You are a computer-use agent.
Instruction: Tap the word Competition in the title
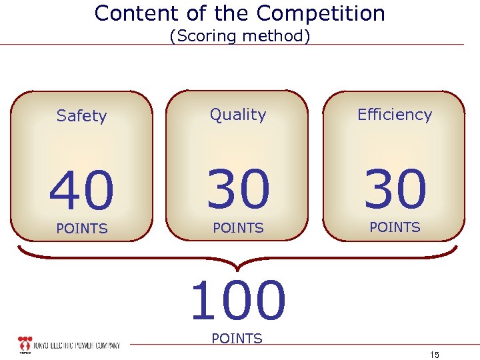pos(321,13)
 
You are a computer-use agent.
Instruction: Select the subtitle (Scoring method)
pos(240,36)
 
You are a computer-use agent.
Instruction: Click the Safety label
pos(81,116)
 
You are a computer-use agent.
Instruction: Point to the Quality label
pos(238,115)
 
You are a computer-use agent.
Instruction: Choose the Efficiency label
pos(395,115)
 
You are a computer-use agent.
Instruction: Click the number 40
pos(81,189)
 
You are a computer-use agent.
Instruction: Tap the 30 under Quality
pos(238,188)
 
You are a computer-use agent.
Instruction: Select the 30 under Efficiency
pos(395,188)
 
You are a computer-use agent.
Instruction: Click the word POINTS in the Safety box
pos(82,229)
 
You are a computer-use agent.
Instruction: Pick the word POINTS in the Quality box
pos(238,228)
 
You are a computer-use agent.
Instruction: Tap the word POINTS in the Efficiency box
pos(395,227)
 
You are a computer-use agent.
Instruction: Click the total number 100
pos(238,301)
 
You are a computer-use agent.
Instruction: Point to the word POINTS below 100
pos(237,339)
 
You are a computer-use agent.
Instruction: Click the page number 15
pos(435,354)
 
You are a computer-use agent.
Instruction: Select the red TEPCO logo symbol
pos(25,344)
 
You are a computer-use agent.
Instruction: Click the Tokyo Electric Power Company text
pos(78,345)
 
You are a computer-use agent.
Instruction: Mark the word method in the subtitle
pos(281,36)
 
